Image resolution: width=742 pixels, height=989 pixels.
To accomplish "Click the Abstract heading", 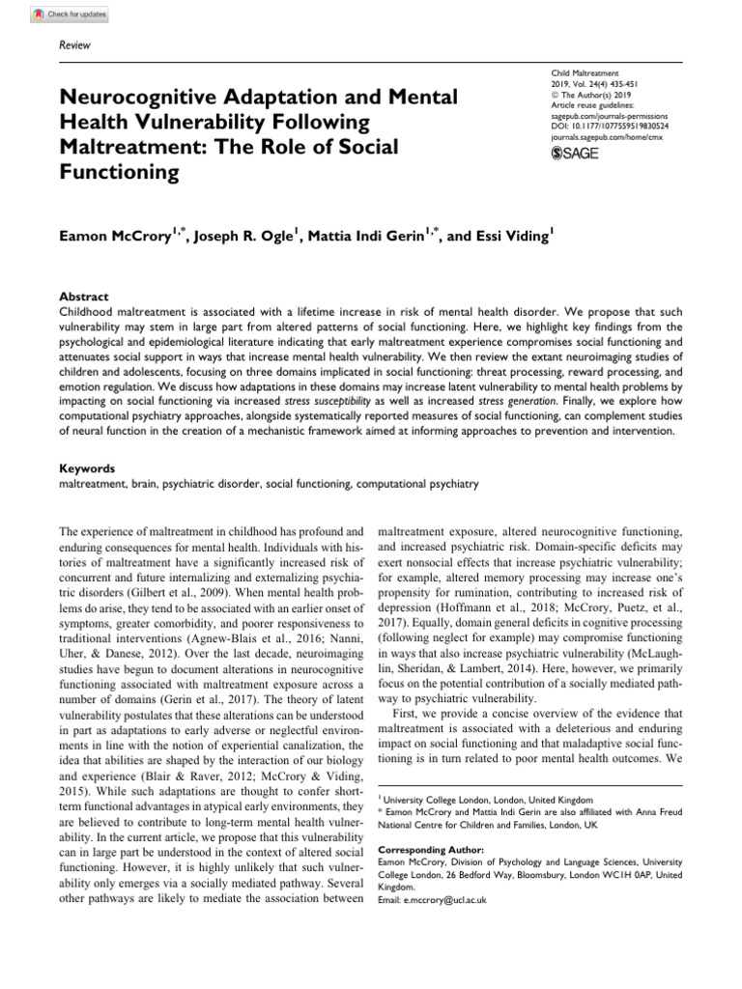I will point(84,297).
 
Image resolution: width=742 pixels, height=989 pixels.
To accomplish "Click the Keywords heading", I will point(88,467).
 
